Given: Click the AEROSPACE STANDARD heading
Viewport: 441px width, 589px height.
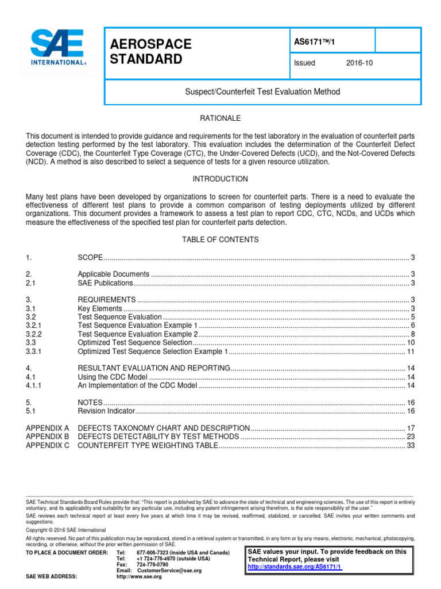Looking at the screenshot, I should point(151,52).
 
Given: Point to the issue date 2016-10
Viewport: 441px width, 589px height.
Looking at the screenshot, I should point(359,63).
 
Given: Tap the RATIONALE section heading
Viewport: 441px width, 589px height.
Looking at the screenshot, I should point(220,118).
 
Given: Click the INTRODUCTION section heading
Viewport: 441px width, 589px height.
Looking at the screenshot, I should point(220,179).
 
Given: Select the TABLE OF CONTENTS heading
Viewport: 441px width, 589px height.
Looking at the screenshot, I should point(220,239).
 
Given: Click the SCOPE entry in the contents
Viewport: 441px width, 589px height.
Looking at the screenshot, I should point(90,257).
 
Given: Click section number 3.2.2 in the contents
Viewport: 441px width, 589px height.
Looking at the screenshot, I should point(35,334).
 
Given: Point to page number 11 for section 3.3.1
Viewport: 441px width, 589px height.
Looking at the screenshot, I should point(411,351).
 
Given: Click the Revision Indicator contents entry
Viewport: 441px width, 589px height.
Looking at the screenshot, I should point(106,412).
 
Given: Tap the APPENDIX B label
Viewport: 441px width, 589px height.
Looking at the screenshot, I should point(48,437).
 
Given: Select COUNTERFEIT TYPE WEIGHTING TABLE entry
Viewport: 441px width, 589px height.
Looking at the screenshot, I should point(148,446).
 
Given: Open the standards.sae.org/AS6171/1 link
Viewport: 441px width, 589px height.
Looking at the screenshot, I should point(295,567).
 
